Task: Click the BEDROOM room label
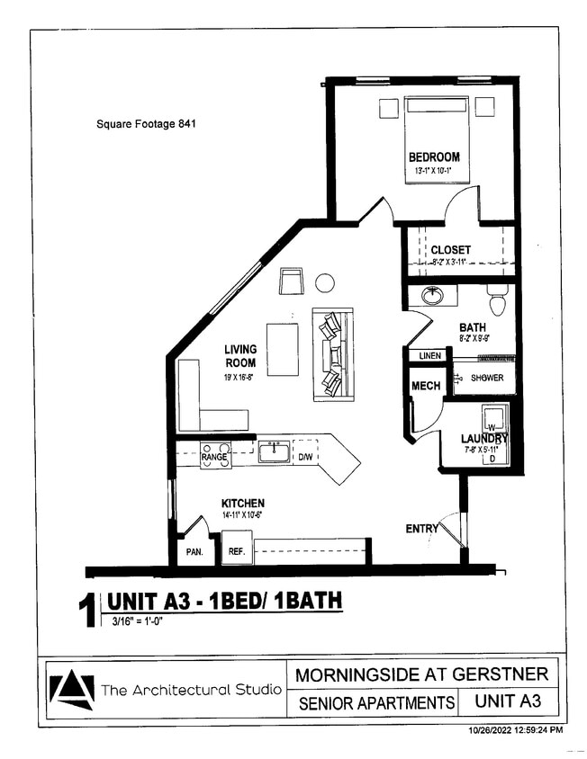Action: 434,156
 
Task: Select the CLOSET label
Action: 450,249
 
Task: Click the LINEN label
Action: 429,356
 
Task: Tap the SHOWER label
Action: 486,378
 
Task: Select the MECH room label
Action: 425,386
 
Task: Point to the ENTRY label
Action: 420,528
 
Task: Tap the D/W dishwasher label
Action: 305,457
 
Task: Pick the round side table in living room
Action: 325,283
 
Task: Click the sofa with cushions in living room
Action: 332,354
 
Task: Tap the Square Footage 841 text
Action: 146,124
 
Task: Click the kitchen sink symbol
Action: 274,451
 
